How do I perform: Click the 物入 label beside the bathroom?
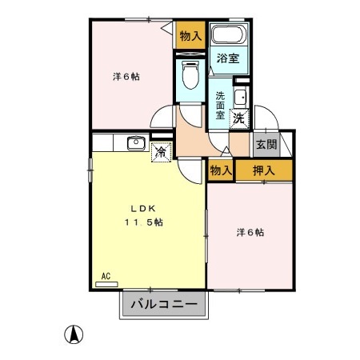190,35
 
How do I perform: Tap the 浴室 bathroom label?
227,58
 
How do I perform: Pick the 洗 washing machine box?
239,118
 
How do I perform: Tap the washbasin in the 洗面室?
240,98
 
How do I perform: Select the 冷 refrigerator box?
161,150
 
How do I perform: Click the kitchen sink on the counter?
134,144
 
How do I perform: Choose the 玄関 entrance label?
267,145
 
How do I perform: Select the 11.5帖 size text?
143,222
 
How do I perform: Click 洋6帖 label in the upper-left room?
126,77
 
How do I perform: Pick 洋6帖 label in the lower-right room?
250,233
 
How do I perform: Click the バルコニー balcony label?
163,304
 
